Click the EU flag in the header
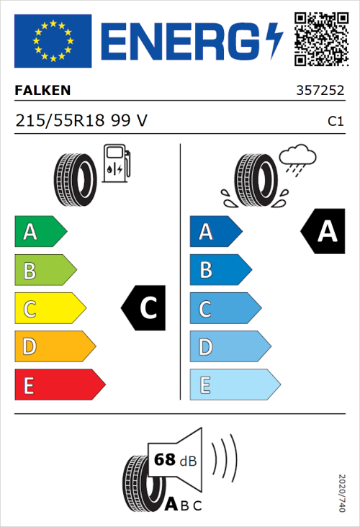(x=53, y=41)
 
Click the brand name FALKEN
(x=43, y=91)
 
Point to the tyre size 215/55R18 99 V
(x=81, y=121)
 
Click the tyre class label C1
(x=335, y=122)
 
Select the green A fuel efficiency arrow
(x=40, y=232)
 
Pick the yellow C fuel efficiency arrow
(x=49, y=309)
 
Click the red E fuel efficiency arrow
(x=59, y=385)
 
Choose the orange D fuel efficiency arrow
(x=54, y=347)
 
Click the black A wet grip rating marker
(x=325, y=232)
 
